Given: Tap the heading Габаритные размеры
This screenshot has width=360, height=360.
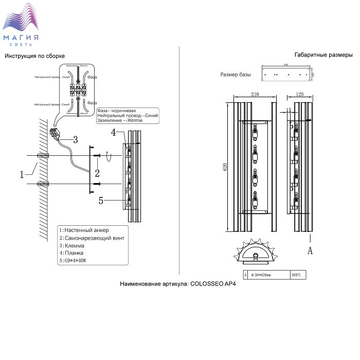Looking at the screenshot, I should (323, 55).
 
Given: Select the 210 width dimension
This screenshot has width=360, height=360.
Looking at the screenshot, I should (255, 95).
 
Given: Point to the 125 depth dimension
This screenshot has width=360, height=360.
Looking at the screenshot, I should (301, 95).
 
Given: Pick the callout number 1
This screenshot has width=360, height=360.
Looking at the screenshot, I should (22, 174).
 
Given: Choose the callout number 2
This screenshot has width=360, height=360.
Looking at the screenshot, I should (97, 172).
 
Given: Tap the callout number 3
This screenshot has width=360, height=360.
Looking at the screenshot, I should (75, 139).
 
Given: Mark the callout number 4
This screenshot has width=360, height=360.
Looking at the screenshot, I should (114, 133).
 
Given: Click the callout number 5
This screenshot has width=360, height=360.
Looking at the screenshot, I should (101, 201).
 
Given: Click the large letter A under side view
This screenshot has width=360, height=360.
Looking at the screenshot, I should (310, 250).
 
